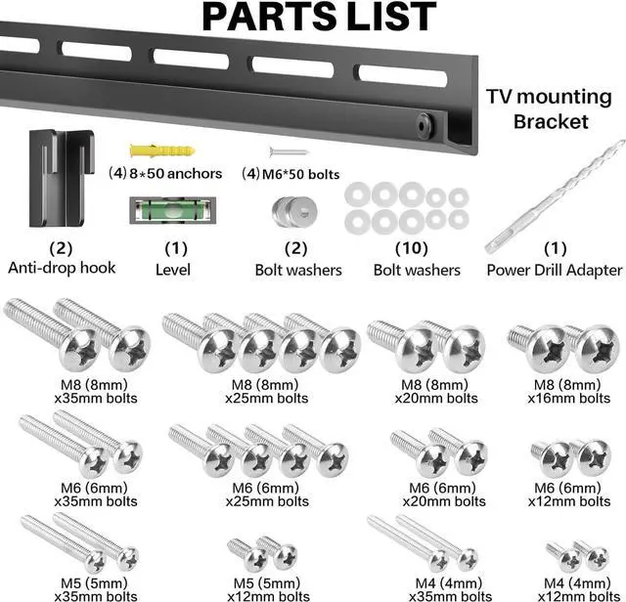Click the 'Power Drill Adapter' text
click(554, 270)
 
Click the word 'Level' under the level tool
click(172, 269)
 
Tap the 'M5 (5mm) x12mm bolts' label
click(268, 589)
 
